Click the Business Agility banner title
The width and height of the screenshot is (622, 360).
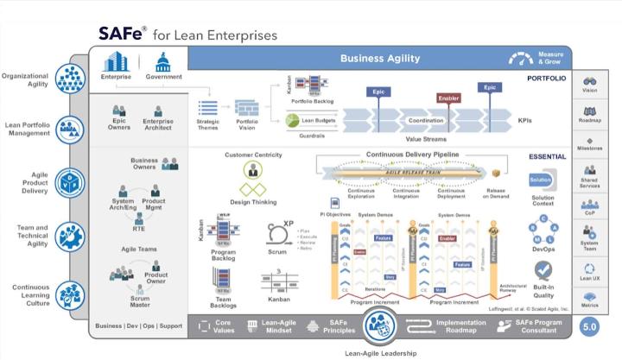point(379,59)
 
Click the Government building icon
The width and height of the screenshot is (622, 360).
point(163,62)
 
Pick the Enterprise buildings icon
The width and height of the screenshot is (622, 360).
point(116,62)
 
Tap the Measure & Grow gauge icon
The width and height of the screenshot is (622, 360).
point(521,59)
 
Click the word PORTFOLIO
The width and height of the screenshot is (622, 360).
point(547,79)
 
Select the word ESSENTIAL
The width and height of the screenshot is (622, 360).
point(548,157)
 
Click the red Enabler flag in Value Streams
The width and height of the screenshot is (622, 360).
point(447,99)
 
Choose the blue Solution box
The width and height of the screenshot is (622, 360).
point(541,182)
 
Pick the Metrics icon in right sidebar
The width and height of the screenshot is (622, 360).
point(591,297)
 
